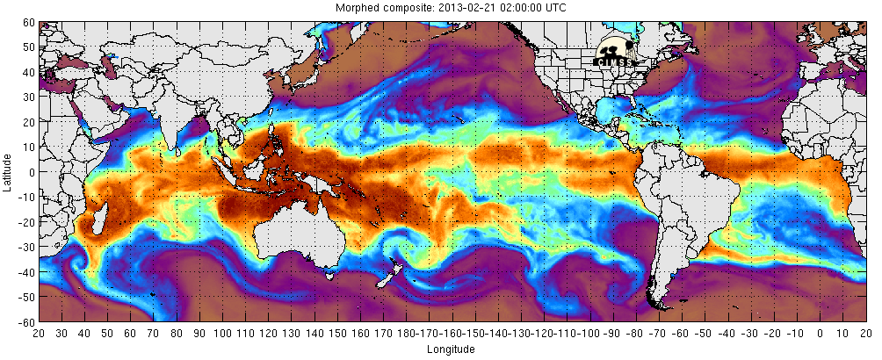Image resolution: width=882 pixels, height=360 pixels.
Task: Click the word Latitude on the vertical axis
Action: (x=8, y=171)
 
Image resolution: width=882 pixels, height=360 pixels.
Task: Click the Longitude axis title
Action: (x=450, y=349)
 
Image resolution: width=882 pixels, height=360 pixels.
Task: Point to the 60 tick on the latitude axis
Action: (x=29, y=22)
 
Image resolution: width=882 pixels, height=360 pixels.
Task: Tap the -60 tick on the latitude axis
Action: (x=27, y=321)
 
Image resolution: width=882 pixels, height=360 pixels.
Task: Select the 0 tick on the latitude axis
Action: (x=32, y=172)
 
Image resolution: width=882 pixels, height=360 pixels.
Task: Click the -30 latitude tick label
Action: (x=27, y=247)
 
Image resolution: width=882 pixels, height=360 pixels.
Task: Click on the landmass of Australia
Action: (x=294, y=233)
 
